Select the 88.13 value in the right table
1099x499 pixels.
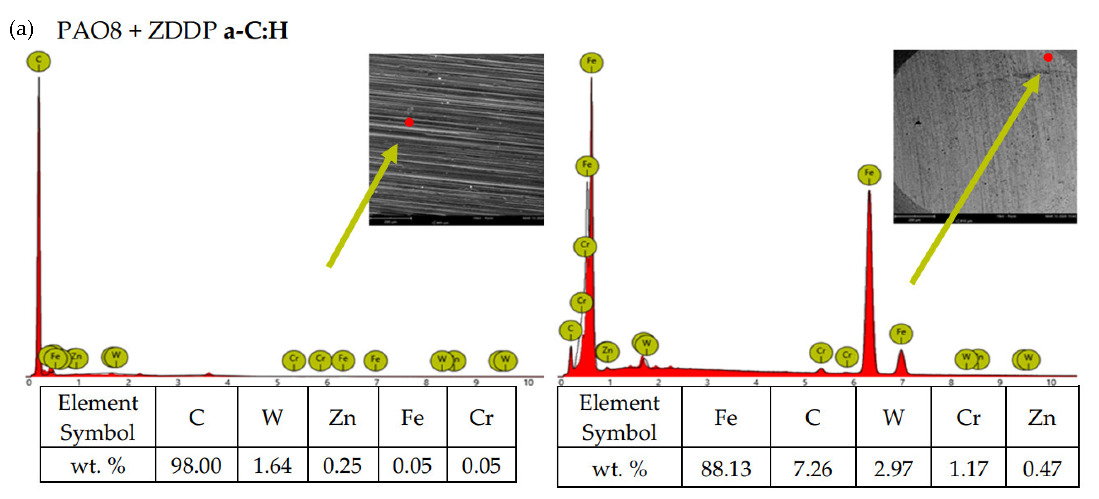point(725,469)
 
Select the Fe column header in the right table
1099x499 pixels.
point(725,417)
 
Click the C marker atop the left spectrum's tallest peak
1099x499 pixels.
point(39,61)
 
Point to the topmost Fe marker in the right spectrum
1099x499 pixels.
point(591,62)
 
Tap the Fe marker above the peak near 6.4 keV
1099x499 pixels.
point(869,174)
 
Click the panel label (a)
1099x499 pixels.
point(21,29)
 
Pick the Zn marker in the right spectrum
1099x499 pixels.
point(607,351)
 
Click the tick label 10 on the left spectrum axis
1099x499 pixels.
point(529,383)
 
